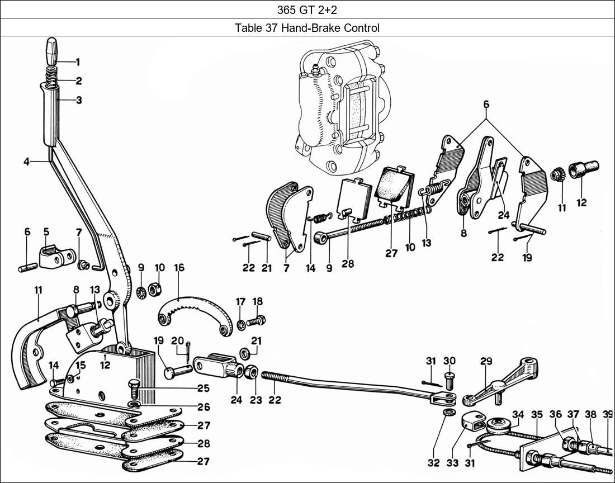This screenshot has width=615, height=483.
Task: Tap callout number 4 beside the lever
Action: point(27,162)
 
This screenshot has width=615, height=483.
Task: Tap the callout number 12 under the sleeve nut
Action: point(581,202)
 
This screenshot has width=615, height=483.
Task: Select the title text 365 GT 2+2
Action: point(307,9)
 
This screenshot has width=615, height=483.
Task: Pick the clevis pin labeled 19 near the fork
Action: point(177,370)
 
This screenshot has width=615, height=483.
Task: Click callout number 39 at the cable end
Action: point(608,414)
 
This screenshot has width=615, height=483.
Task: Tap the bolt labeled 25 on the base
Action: point(135,387)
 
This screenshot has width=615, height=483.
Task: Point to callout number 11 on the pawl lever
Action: point(38,290)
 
